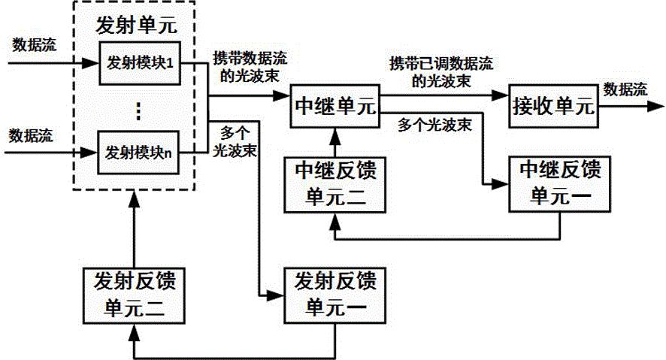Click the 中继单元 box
click(332, 105)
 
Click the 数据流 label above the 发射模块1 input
click(34, 44)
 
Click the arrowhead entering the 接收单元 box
click(503, 95)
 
